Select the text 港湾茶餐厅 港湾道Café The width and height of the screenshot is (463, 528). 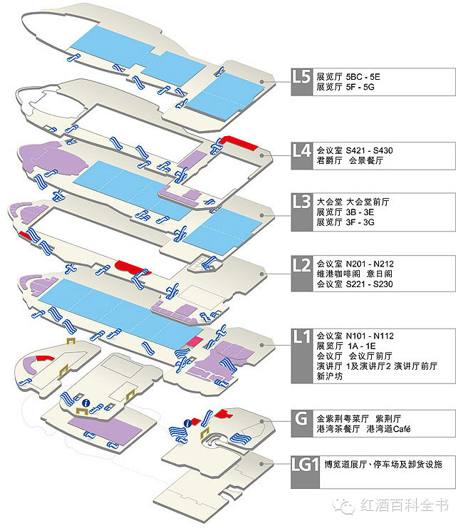coord(363,429)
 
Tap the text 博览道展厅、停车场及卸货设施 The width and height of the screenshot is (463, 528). coord(383,465)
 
